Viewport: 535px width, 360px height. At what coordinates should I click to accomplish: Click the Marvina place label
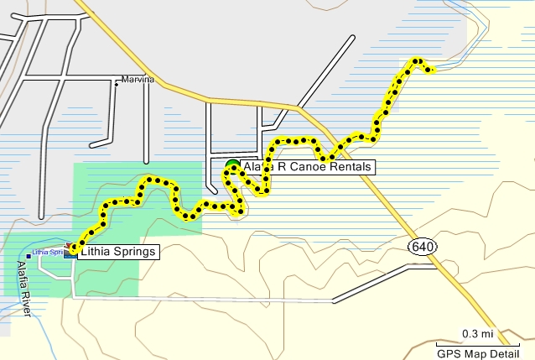point(138,80)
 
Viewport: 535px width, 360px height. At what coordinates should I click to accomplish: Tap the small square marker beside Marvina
point(117,82)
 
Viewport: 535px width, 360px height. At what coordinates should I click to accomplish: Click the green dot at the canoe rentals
point(232,164)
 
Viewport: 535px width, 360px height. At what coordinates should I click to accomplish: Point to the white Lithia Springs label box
point(117,250)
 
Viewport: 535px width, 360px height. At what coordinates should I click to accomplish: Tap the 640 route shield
point(422,246)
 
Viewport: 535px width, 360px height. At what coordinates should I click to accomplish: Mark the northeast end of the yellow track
point(431,70)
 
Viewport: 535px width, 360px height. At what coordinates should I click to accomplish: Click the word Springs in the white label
point(132,250)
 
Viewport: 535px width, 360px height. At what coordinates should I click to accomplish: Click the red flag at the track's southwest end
point(69,248)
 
